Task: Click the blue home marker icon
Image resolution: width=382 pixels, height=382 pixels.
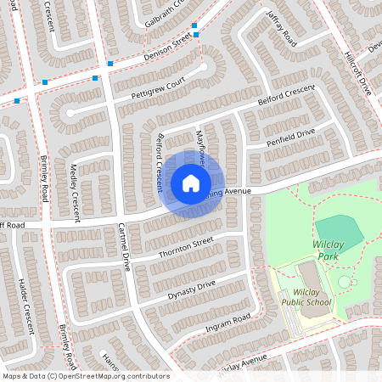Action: click(x=191, y=183)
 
